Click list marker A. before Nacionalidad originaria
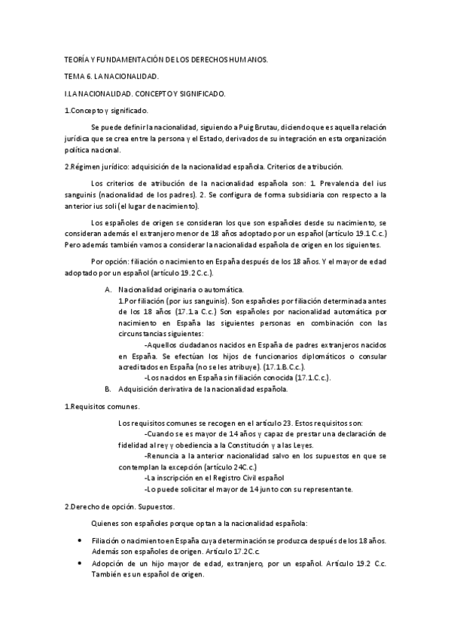pyautogui.click(x=108, y=290)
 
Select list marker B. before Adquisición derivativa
pyautogui.click(x=108, y=390)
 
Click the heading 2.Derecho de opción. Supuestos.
pyautogui.click(x=120, y=506)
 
